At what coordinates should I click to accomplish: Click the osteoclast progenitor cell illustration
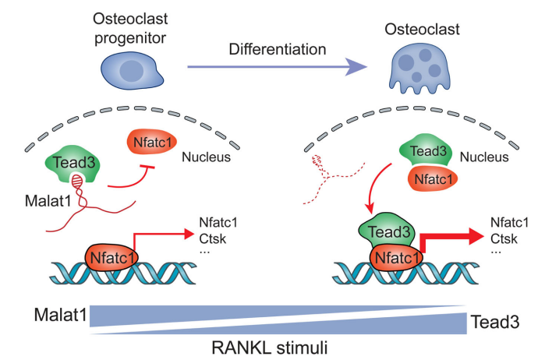coord(131,70)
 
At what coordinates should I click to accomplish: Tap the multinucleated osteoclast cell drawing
coord(419,69)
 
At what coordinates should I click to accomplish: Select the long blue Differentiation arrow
coord(277,66)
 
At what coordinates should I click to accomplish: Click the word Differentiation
coord(278,49)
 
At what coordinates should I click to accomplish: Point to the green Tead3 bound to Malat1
coord(73,163)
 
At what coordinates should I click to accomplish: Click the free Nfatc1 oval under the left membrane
coord(152,142)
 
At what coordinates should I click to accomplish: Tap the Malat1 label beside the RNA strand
coord(48,201)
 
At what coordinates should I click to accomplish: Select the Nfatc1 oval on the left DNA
coord(111,258)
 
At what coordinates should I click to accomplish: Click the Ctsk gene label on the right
coord(504,238)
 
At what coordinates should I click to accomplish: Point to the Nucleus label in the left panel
coord(207,157)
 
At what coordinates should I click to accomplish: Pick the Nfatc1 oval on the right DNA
coord(396,258)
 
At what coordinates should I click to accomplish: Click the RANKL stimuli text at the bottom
coord(270,348)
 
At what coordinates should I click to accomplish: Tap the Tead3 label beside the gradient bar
coord(495,322)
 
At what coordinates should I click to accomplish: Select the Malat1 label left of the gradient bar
coord(60,315)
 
